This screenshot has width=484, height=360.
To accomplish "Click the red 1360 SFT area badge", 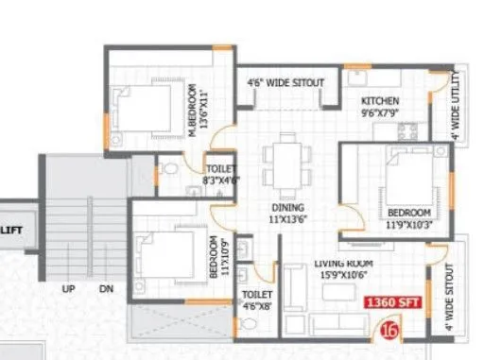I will [392, 304].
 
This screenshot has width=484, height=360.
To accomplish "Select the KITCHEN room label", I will [380, 101].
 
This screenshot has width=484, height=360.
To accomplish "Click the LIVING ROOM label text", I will [343, 264].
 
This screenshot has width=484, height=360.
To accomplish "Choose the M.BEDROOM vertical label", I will [193, 112].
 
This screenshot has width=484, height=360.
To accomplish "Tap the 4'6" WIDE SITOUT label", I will [285, 83].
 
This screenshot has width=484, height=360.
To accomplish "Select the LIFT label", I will [12, 229].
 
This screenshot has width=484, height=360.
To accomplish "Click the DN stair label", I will [106, 288].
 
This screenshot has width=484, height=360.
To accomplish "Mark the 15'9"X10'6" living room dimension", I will [344, 275].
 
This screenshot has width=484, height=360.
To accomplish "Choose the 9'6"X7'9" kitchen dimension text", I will [380, 112].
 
